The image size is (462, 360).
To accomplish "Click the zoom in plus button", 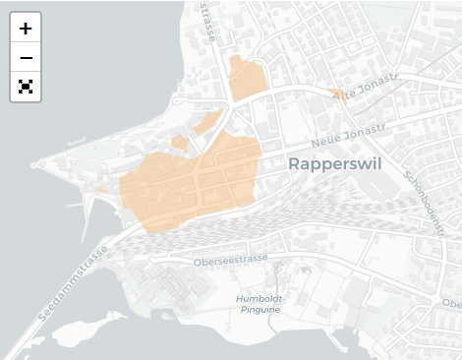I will pos(26,29).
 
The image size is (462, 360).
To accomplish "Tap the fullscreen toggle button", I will pos(26,87).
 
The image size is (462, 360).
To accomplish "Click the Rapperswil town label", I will pos(334,164).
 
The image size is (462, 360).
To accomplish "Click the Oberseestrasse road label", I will pos(230,260).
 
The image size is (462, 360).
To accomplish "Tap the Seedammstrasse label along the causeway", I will pos(73,284).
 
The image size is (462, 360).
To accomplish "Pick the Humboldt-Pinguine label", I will pos(260,303).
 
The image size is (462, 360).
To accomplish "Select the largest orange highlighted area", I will pos(187,182).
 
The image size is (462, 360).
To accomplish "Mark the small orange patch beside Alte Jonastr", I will pos(338,95).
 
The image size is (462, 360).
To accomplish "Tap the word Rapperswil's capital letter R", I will pos(295,164).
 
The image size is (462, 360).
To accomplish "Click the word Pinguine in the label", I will pos(260,309).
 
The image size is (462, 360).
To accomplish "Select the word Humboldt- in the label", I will pos(260,297).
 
